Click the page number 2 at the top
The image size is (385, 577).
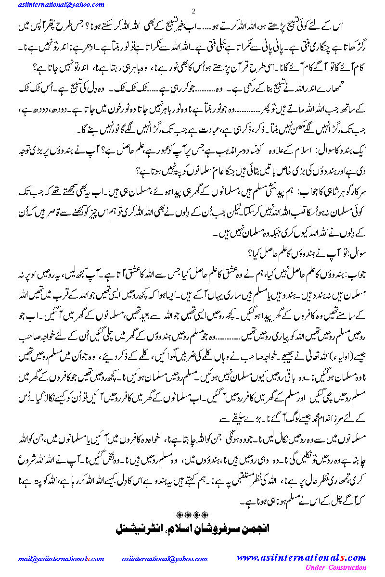tap(193, 11)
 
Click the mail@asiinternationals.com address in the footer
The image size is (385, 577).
tap(61, 559)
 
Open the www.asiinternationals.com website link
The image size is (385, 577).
tap(301, 558)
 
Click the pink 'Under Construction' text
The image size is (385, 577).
tap(335, 568)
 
